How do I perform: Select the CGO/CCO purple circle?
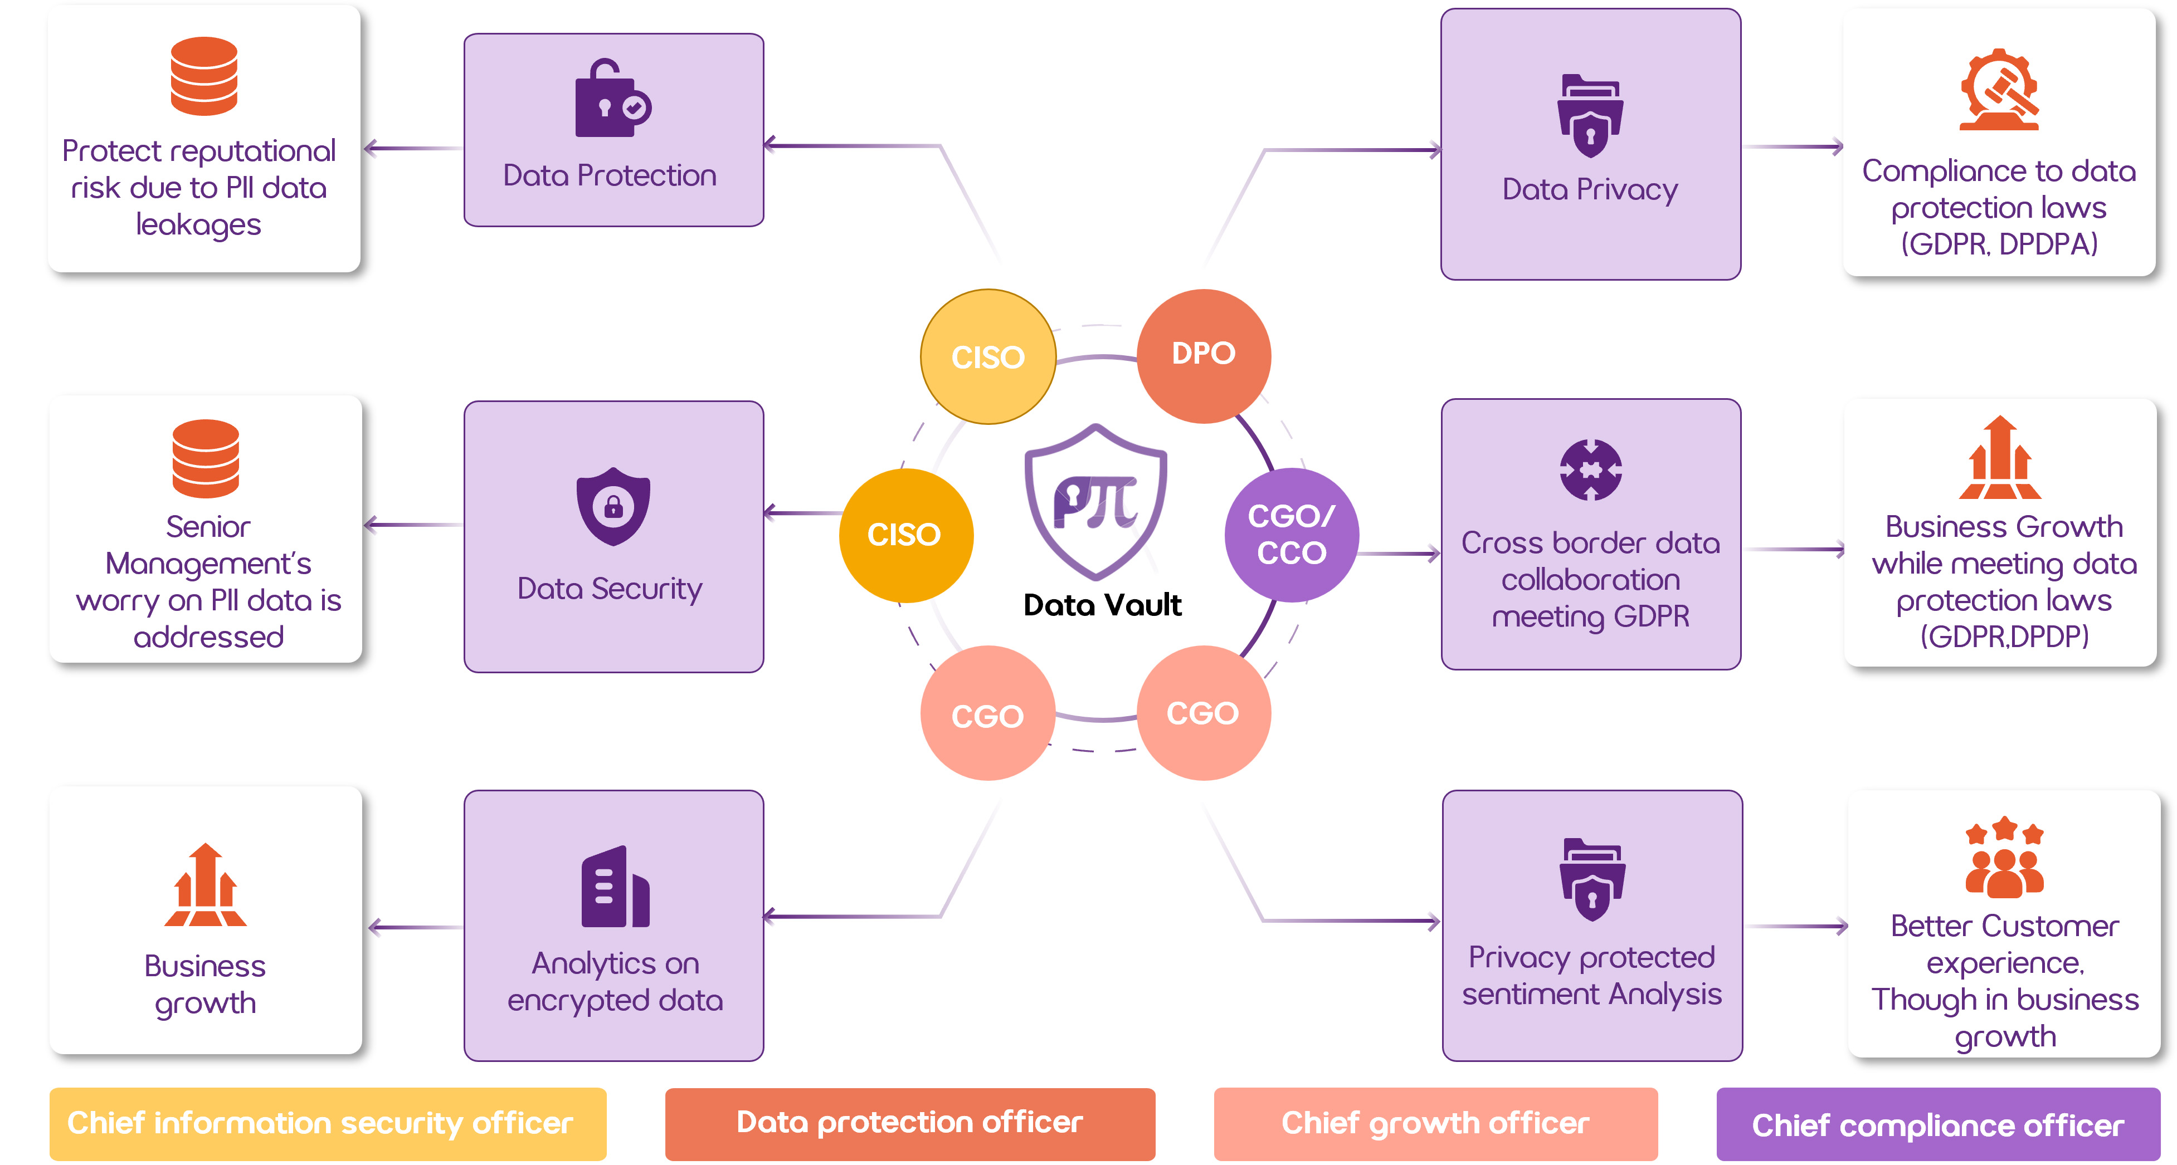pos(1292,535)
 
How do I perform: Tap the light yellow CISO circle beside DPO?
pos(988,356)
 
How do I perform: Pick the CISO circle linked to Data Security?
pos(905,535)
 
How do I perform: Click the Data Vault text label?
pos(1102,605)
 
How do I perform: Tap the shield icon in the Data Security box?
pos(613,506)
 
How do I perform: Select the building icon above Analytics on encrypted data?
pos(615,887)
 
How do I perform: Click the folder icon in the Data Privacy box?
pos(1590,116)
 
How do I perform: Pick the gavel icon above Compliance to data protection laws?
pos(1999,90)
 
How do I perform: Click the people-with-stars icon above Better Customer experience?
pos(2004,858)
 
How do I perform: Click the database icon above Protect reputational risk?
pos(204,76)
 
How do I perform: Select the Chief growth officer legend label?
pos(1435,1124)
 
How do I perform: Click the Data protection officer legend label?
pos(909,1123)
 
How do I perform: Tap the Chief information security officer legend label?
pos(327,1124)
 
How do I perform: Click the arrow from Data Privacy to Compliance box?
pos(1791,147)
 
